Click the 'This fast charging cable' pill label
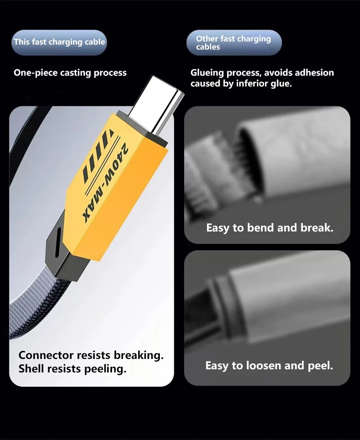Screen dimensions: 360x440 (59, 42)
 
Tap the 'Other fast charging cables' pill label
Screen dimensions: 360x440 (234, 42)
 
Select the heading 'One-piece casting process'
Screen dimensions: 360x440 (70, 73)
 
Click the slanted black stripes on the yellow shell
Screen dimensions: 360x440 (95, 157)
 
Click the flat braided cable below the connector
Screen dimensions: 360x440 (39, 306)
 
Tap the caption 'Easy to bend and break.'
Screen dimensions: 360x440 (270, 228)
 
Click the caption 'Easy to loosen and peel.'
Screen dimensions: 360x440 (269, 366)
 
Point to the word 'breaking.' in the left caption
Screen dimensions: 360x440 (139, 355)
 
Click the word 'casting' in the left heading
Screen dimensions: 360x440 (76, 73)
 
